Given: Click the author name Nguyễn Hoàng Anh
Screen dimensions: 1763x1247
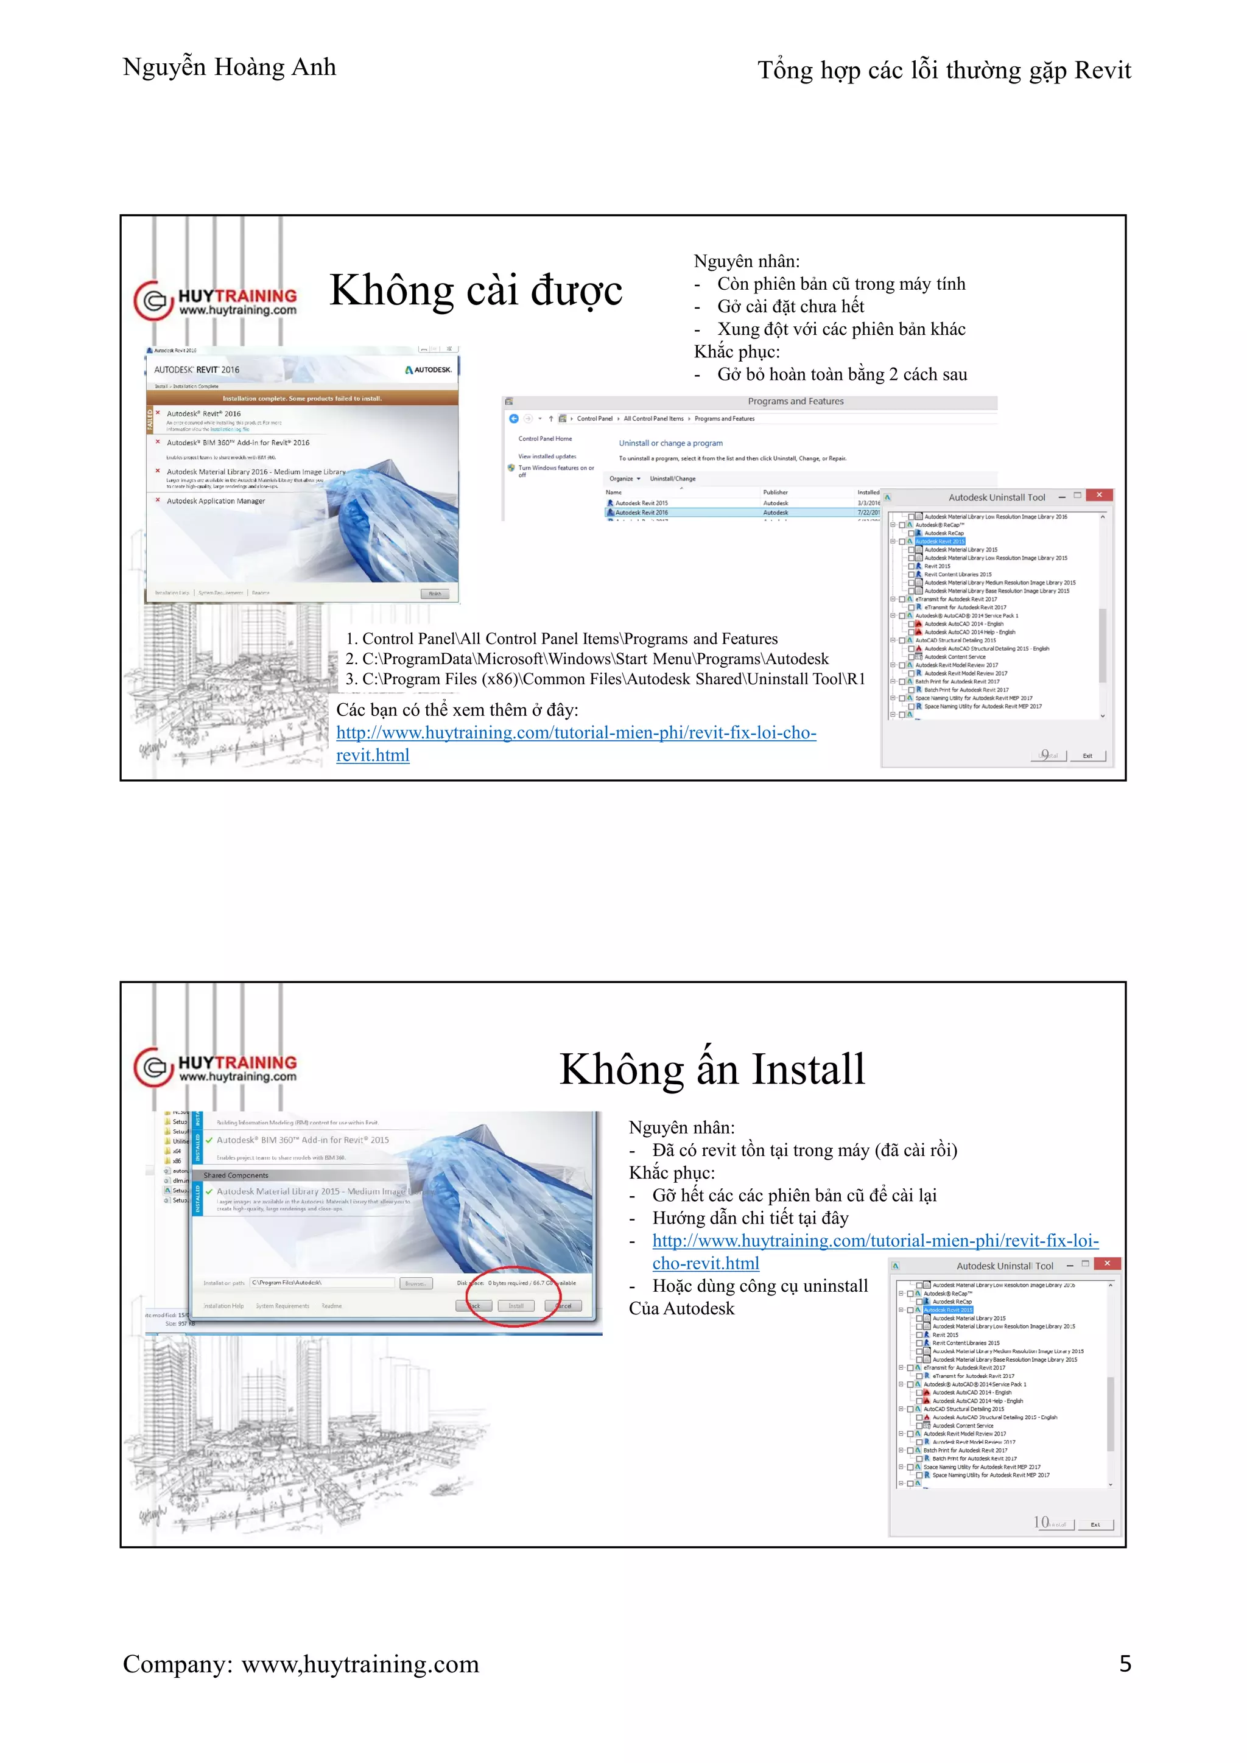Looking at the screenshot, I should tap(229, 68).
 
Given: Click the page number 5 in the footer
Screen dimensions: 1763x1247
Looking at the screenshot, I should tap(1124, 1663).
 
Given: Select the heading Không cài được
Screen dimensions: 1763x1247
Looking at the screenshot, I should tap(476, 290).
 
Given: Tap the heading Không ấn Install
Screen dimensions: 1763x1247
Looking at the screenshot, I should tap(712, 1069).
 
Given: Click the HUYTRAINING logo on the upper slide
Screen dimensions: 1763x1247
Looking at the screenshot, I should tap(216, 301).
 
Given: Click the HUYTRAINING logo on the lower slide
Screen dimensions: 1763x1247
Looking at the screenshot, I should tap(216, 1067).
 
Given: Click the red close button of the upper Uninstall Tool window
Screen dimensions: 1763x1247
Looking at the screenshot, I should tap(1099, 496).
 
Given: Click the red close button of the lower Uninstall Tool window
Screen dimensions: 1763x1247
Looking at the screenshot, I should tap(1106, 1264).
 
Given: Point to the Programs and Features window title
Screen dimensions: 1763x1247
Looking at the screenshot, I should tap(795, 402).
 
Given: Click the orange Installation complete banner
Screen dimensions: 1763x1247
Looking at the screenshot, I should tap(302, 399).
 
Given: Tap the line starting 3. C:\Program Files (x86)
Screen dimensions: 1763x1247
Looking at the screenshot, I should tap(604, 679).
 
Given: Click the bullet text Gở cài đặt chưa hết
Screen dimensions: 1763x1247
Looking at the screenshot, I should tap(790, 306).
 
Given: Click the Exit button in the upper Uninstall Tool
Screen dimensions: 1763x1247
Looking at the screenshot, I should tap(1087, 755).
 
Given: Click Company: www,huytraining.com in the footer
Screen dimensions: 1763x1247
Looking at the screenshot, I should tap(300, 1663).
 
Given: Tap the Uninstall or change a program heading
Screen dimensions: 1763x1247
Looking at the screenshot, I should tap(670, 443).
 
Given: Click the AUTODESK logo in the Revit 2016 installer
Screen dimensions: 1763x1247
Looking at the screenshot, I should tap(429, 370).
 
